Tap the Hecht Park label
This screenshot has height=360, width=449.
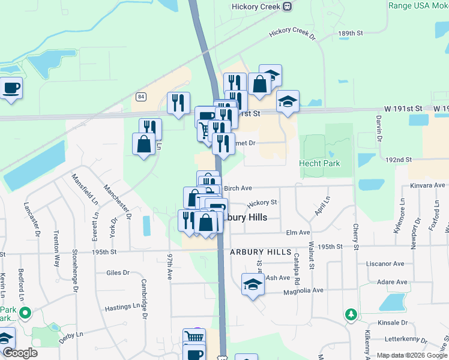319,163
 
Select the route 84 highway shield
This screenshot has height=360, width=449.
141,97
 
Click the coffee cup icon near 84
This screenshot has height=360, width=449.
11,89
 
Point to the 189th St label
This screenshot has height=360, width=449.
351,33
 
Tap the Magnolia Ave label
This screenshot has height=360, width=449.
303,290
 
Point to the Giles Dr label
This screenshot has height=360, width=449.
118,272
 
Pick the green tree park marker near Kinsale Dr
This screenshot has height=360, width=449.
351,314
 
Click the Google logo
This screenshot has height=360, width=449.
20,353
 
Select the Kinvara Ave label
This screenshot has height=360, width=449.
427,185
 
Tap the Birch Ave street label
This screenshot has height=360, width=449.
237,188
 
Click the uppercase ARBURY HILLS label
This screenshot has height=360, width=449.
261,253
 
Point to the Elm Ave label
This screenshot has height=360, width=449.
298,232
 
